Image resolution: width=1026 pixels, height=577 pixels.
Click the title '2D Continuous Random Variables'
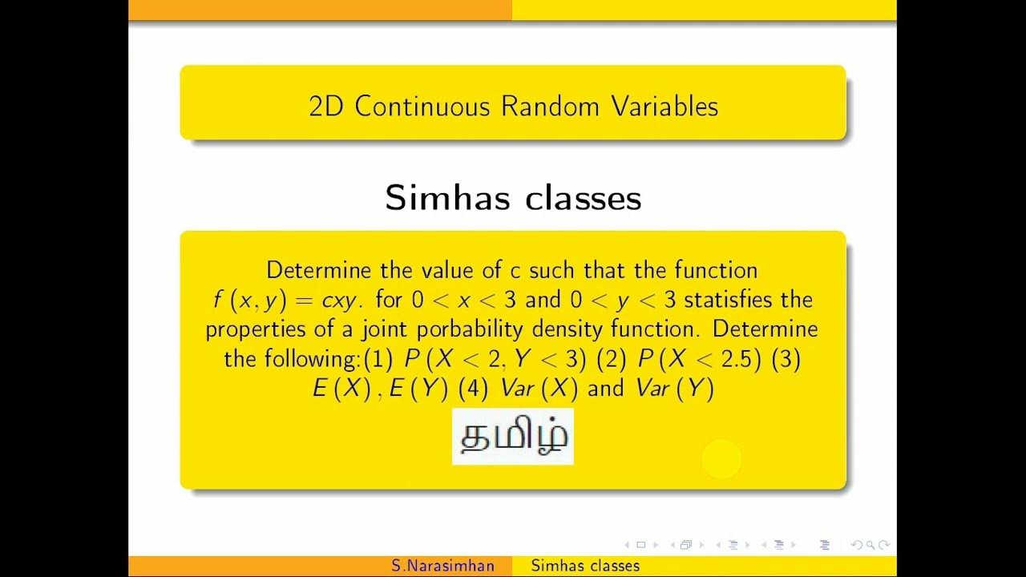point(513,107)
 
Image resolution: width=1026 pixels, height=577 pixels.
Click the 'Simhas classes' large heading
point(513,197)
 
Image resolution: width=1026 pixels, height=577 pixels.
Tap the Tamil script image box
point(512,437)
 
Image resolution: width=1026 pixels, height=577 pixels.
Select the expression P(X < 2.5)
point(699,359)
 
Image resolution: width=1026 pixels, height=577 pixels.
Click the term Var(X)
point(539,389)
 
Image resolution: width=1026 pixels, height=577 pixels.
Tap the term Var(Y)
point(674,389)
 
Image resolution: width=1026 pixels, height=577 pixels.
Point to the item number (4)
point(473,389)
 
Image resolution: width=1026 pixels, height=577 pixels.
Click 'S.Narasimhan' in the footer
point(443,567)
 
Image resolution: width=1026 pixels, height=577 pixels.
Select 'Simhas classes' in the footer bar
point(585,567)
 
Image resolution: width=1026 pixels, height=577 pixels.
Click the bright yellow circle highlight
point(721,459)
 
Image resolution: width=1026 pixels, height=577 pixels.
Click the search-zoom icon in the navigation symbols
point(870,545)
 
